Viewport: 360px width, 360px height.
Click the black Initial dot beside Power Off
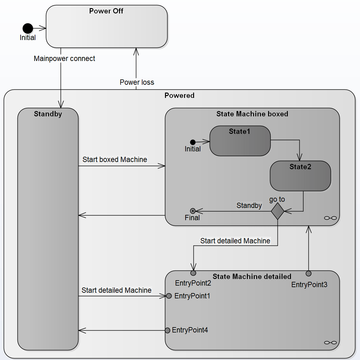click(x=28, y=28)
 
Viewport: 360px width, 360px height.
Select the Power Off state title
click(x=106, y=11)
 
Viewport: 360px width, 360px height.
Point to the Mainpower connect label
click(x=64, y=58)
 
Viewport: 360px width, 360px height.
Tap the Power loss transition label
click(x=137, y=82)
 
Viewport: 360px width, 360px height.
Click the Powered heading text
click(x=179, y=95)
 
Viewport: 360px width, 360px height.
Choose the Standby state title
click(x=48, y=114)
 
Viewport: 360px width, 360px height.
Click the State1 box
click(x=240, y=141)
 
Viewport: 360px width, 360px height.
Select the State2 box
click(x=300, y=176)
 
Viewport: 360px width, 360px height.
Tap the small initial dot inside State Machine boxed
click(x=193, y=142)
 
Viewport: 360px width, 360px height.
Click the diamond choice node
click(x=277, y=211)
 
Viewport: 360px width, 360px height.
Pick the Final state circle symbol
click(x=193, y=211)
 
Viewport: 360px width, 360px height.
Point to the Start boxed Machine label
click(x=115, y=160)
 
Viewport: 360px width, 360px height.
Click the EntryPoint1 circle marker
click(x=169, y=296)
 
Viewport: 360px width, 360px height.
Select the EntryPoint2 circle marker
click(x=193, y=273)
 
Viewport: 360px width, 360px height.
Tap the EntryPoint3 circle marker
click(x=308, y=274)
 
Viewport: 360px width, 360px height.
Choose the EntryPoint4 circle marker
click(x=167, y=330)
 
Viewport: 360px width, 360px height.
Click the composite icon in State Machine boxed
click(x=330, y=218)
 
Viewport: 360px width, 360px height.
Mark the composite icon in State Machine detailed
click(x=330, y=342)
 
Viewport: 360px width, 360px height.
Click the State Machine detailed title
click(x=252, y=276)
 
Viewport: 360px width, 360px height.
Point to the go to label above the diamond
click(x=277, y=199)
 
